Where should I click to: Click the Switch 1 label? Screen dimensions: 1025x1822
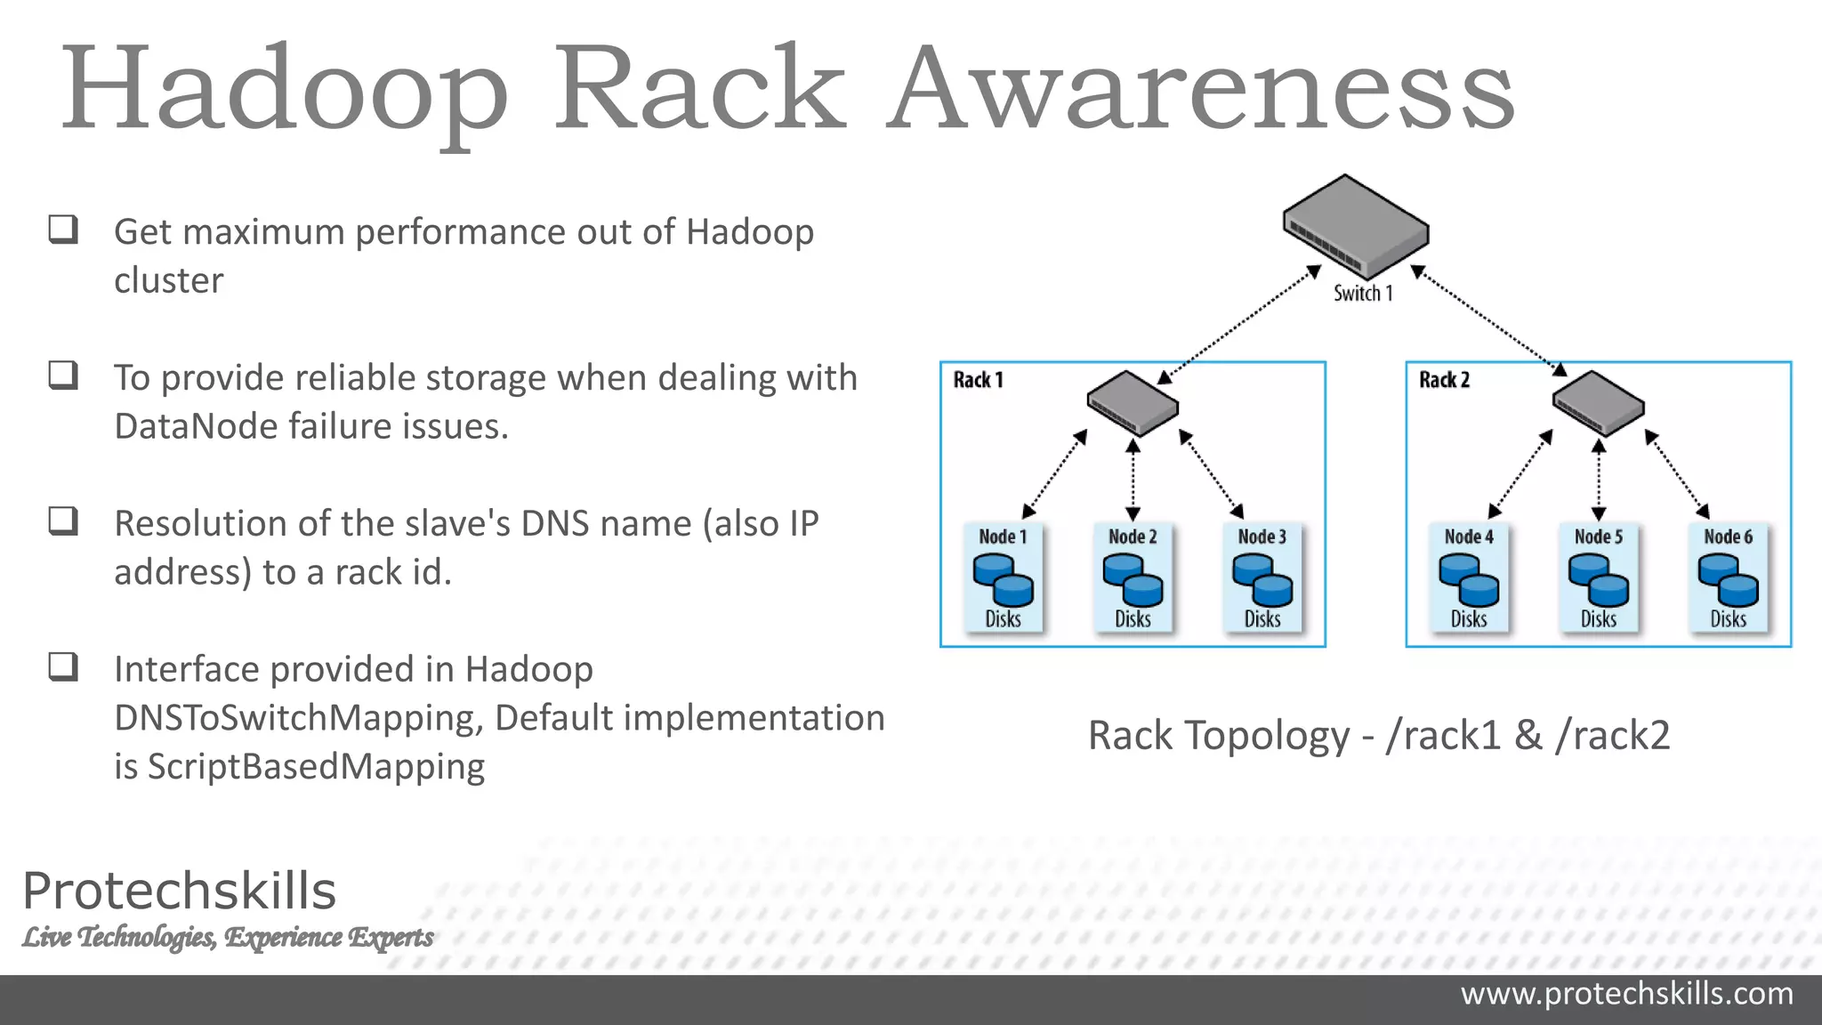pyautogui.click(x=1362, y=294)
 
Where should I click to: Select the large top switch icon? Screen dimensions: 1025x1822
pyautogui.click(x=1355, y=228)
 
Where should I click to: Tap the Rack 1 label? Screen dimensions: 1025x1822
pyautogui.click(x=978, y=380)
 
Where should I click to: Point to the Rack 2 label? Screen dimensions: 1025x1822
pyautogui.click(x=1444, y=380)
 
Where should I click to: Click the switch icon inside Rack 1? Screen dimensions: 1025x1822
pyautogui.click(x=1133, y=403)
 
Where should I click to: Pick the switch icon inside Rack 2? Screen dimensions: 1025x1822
pyautogui.click(x=1598, y=403)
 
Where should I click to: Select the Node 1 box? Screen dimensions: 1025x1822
pyautogui.click(x=1003, y=577)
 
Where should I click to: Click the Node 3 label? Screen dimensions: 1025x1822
pyautogui.click(x=1262, y=537)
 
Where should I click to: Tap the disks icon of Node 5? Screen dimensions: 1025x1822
pyautogui.click(x=1598, y=579)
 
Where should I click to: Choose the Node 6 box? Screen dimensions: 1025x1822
pyautogui.click(x=1728, y=577)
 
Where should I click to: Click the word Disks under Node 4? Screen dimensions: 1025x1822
pyautogui.click(x=1468, y=619)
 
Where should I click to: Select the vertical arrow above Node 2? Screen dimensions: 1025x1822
pyautogui.click(x=1133, y=480)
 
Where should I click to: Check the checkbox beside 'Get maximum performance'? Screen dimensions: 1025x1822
pyautogui.click(x=63, y=230)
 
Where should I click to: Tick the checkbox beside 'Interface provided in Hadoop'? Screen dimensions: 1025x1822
pyautogui.click(x=63, y=666)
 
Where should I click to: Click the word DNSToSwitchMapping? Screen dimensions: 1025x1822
pyautogui.click(x=298, y=718)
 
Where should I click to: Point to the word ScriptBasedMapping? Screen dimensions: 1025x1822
pyautogui.click(x=316, y=767)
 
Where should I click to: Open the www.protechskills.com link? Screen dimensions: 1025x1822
pyautogui.click(x=1626, y=994)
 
